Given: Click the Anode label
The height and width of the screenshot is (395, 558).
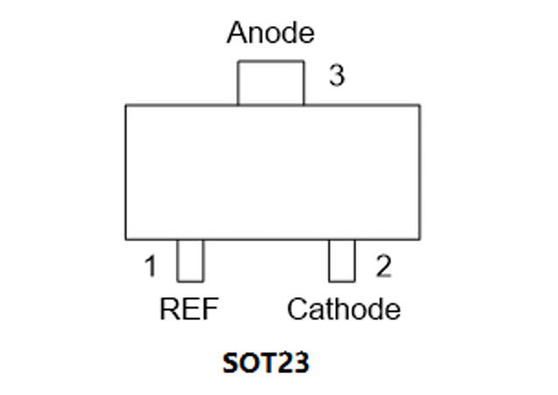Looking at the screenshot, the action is pos(270,32).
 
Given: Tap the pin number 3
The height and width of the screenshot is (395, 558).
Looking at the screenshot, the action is pos(337,75).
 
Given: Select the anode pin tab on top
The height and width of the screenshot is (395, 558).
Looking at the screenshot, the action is pos(271,83).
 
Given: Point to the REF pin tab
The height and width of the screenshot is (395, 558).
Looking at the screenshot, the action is pos(191,260).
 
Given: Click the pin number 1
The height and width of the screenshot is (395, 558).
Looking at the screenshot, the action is pos(150,266).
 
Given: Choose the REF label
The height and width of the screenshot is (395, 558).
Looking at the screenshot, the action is pos(189,309).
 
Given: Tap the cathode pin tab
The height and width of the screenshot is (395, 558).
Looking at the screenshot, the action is pos(342,260).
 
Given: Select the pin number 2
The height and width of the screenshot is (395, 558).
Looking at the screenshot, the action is pos(384,266).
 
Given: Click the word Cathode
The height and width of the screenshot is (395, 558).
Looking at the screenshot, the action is pos(344,309).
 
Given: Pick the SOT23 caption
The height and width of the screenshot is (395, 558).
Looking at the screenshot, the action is pos(266,363).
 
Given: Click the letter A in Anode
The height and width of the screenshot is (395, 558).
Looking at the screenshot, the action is pos(237,32).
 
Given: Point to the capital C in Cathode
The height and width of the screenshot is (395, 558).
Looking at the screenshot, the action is pos(298,309).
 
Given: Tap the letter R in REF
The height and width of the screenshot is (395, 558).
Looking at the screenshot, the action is pos(170,309).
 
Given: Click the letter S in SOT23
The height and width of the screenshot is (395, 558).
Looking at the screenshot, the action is pos(230,363).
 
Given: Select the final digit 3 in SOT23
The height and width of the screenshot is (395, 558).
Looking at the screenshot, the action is pos(302,363).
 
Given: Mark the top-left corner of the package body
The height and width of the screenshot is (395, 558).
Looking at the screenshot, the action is pos(126,105).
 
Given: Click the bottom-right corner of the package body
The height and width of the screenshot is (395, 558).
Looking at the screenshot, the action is pos(420,239).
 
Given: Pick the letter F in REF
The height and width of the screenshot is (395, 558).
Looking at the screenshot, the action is pos(210,309).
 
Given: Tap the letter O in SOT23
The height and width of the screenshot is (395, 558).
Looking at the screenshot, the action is pos(249,363).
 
